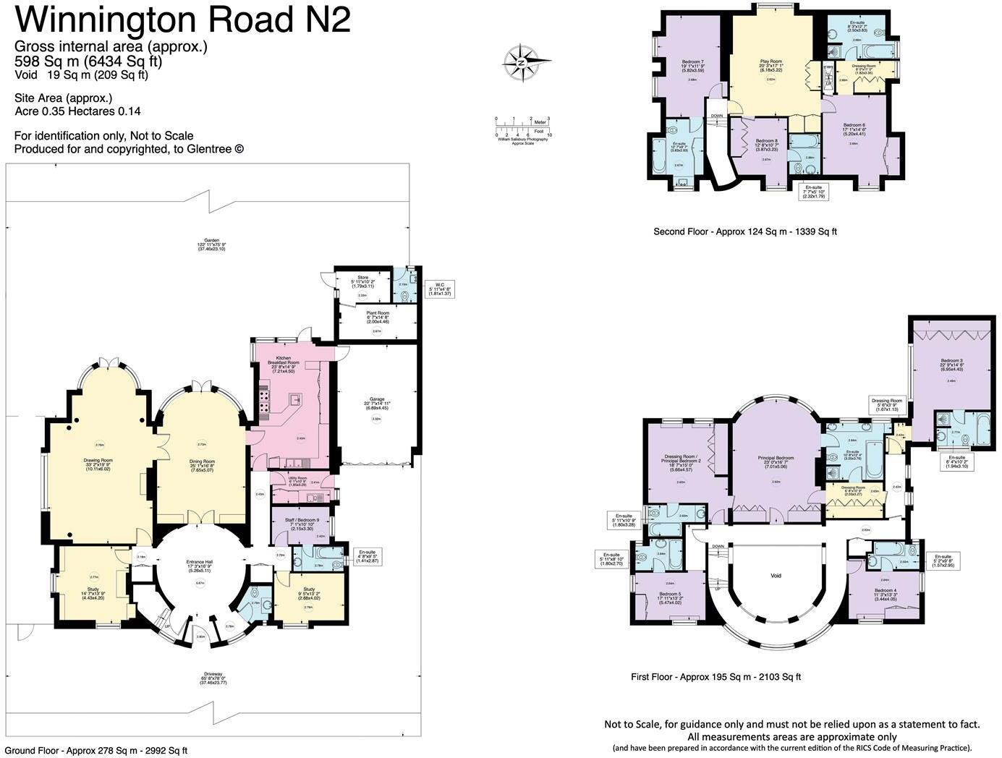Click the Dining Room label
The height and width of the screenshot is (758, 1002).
tap(204, 461)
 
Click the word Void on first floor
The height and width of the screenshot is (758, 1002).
tap(776, 576)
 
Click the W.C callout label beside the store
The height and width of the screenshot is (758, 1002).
tap(440, 284)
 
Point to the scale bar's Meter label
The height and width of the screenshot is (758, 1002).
tap(540, 122)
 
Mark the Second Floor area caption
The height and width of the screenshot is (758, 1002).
tap(745, 231)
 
